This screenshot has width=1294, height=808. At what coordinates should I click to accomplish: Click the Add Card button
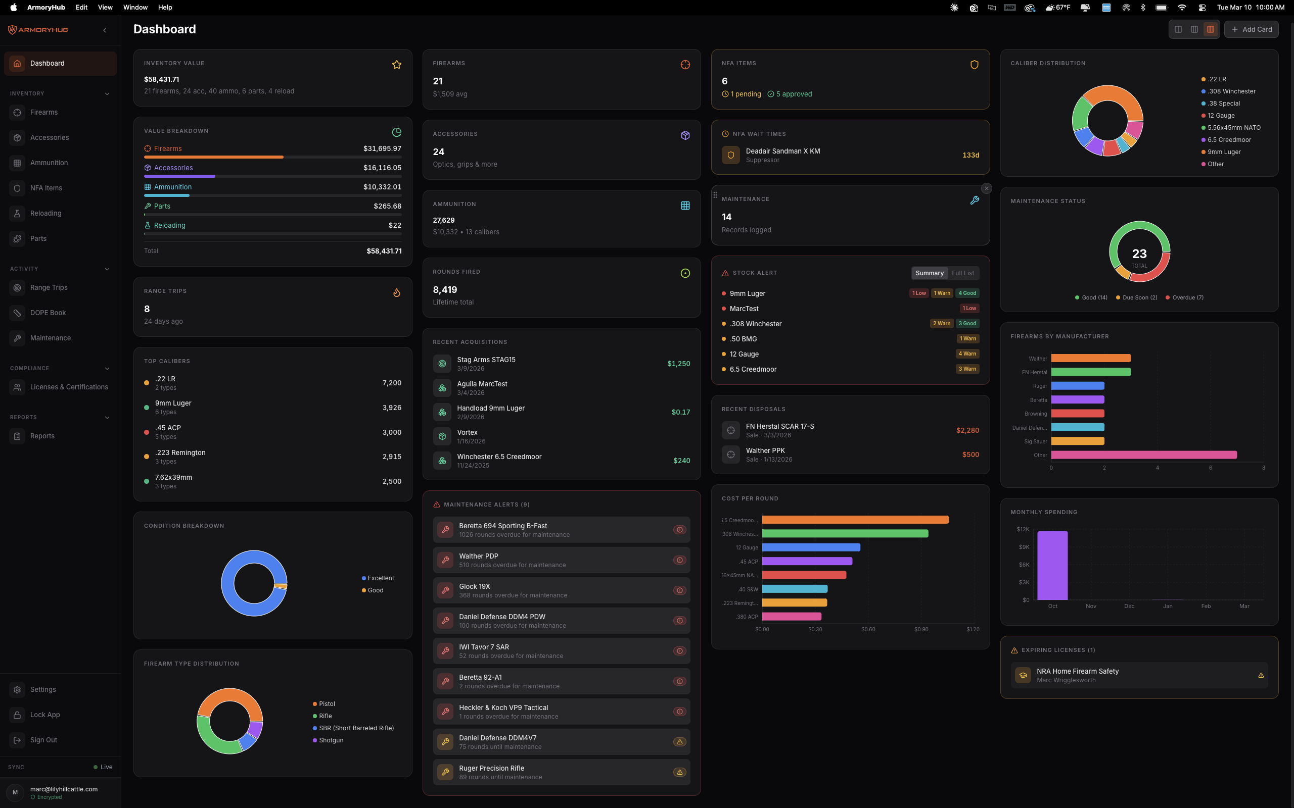(x=1251, y=29)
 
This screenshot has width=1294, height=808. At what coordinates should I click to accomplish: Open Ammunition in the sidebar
(x=49, y=163)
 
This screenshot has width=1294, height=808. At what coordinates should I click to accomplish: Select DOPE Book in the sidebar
(x=48, y=313)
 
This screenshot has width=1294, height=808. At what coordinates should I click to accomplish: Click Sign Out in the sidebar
(x=43, y=740)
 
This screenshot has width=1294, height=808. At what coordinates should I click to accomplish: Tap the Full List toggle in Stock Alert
(x=962, y=273)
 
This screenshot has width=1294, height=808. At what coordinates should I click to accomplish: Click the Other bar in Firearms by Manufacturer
(x=1144, y=456)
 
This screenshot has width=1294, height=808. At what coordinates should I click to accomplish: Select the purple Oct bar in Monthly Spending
(x=1052, y=566)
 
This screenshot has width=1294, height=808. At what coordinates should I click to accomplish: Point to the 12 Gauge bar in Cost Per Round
(x=811, y=547)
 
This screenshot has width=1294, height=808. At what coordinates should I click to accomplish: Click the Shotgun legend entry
(x=331, y=740)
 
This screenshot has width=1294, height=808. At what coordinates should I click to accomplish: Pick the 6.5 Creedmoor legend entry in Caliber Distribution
(x=1229, y=140)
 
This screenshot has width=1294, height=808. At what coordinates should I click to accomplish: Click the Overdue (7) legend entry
(x=1187, y=297)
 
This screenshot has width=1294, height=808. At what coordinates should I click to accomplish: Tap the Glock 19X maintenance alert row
(x=561, y=590)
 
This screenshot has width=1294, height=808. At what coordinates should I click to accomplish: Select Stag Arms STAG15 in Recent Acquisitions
(x=486, y=360)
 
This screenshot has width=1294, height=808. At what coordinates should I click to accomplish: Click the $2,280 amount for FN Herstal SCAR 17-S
(x=967, y=430)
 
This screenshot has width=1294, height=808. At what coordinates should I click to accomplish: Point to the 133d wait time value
(x=970, y=155)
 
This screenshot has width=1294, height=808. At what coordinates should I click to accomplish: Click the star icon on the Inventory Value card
(x=397, y=65)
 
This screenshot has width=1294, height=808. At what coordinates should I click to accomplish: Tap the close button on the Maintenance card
(x=987, y=189)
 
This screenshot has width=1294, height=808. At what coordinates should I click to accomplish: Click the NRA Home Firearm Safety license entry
(x=1077, y=671)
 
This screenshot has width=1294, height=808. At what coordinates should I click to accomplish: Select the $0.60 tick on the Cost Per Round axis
(x=868, y=630)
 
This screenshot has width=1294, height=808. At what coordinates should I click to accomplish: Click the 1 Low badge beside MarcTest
(x=969, y=309)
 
